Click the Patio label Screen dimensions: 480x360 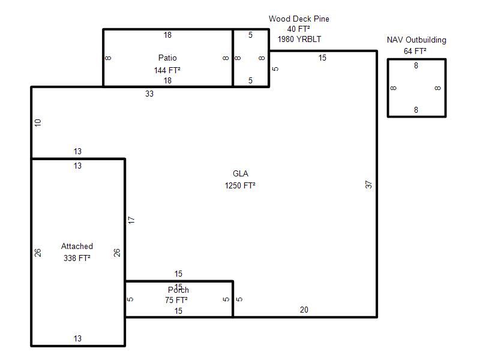pyautogui.click(x=167, y=58)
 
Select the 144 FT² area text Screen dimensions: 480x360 pyautogui.click(x=167, y=70)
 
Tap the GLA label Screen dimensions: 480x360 pyautogui.click(x=241, y=173)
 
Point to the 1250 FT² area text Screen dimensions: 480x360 pyautogui.click(x=240, y=185)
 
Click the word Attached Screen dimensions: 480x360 pyautogui.click(x=77, y=246)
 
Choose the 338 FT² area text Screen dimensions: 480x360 pyautogui.click(x=77, y=258)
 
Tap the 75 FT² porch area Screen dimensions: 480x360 pyautogui.click(x=176, y=300)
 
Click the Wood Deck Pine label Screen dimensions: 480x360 pyautogui.click(x=299, y=19)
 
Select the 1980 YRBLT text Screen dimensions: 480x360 pyautogui.click(x=299, y=39)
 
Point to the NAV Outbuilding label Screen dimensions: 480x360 pyautogui.click(x=416, y=40)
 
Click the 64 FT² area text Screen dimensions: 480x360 pyautogui.click(x=415, y=51)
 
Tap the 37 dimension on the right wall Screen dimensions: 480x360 pyautogui.click(x=368, y=184)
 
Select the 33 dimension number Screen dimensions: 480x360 pyautogui.click(x=149, y=94)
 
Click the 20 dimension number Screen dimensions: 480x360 pyautogui.click(x=304, y=310)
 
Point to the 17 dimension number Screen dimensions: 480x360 pyautogui.click(x=131, y=220)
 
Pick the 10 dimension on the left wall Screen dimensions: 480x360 pyautogui.click(x=38, y=123)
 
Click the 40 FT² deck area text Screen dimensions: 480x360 pyautogui.click(x=298, y=29)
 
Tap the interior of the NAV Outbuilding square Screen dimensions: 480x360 pyautogui.click(x=416, y=88)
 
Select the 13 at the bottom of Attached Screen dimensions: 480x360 pyautogui.click(x=77, y=338)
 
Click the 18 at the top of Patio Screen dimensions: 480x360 pyautogui.click(x=167, y=35)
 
